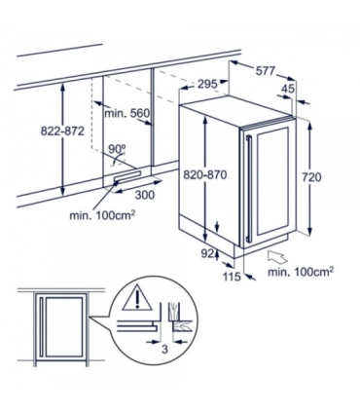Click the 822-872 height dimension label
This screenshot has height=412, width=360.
pyautogui.click(x=34, y=131)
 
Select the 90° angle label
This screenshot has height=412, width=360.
pyautogui.click(x=119, y=149)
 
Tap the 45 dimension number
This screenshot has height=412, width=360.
pyautogui.click(x=288, y=90)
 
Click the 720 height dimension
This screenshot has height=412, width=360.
pyautogui.click(x=328, y=179)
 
